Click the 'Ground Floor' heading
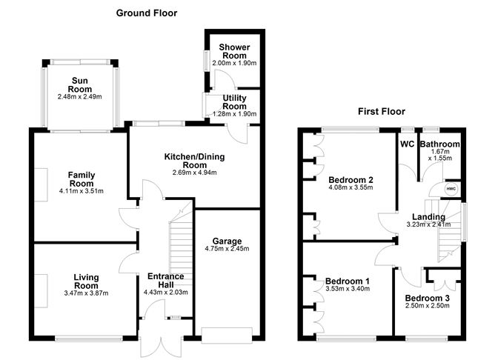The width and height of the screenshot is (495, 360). coord(146,13)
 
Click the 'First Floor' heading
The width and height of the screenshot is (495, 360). coord(381,112)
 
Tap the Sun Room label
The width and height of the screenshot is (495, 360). coord(80,84)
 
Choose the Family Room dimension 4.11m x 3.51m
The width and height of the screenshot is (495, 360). coord(82,191)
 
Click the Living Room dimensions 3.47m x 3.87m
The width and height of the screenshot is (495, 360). coord(86,293)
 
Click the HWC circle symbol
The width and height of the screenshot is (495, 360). coord(451,189)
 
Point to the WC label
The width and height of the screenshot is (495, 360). coord(407,144)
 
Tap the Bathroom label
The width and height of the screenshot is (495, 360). coord(440,144)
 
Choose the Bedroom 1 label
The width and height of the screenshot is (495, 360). coord(348,281)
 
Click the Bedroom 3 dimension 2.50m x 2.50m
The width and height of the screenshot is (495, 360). coord(428,306)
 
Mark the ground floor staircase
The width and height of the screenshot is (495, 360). coord(181,236)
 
